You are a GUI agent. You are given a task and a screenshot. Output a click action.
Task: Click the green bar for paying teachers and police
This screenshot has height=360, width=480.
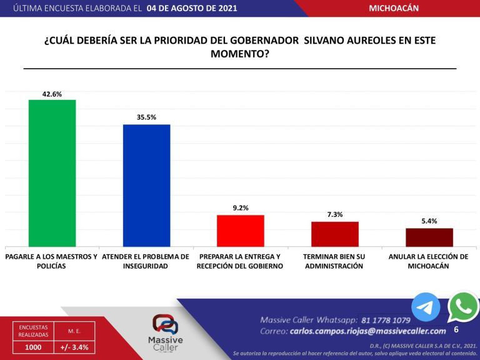pos(52,173)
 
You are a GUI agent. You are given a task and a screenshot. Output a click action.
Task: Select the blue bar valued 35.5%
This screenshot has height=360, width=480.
pos(146,185)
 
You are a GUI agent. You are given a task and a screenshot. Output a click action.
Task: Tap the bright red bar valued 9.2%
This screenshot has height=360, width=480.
pos(240,231)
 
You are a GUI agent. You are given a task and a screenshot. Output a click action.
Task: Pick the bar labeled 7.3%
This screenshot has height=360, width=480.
pos(335,234)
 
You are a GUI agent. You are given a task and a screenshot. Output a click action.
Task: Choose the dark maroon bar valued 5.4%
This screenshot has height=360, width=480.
pos(429,237)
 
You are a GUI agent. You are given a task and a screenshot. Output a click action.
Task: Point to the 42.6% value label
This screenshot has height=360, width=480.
pos(52,94)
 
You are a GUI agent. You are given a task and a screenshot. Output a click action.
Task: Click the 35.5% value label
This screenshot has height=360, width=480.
pos(146,117)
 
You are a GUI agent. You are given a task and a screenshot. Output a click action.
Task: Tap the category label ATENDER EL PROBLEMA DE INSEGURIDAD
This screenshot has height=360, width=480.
pos(146,261)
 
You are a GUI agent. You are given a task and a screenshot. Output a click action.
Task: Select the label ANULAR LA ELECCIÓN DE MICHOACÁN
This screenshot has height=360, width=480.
pos(428,261)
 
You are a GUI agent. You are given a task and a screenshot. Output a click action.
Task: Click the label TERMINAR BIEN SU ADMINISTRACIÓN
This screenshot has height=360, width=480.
pos(334,261)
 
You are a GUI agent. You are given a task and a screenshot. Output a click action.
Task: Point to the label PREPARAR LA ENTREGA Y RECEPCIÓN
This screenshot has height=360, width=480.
pos(241,261)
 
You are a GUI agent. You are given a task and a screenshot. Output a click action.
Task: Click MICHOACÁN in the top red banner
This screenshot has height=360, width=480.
pos(394,8)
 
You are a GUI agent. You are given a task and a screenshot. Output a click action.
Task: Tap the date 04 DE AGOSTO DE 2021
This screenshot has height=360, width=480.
pos(191,9)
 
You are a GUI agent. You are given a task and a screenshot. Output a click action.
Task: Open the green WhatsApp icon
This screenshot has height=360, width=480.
pos(463,307)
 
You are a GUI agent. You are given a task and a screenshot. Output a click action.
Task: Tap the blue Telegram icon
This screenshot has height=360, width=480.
pos(426,307)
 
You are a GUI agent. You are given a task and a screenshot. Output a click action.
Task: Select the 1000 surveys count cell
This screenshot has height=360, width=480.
pos(33,347)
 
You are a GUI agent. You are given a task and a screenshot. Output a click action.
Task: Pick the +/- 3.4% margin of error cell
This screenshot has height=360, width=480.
pos(74,347)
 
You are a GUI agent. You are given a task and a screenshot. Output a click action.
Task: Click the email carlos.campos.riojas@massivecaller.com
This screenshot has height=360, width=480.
pos(367,331)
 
